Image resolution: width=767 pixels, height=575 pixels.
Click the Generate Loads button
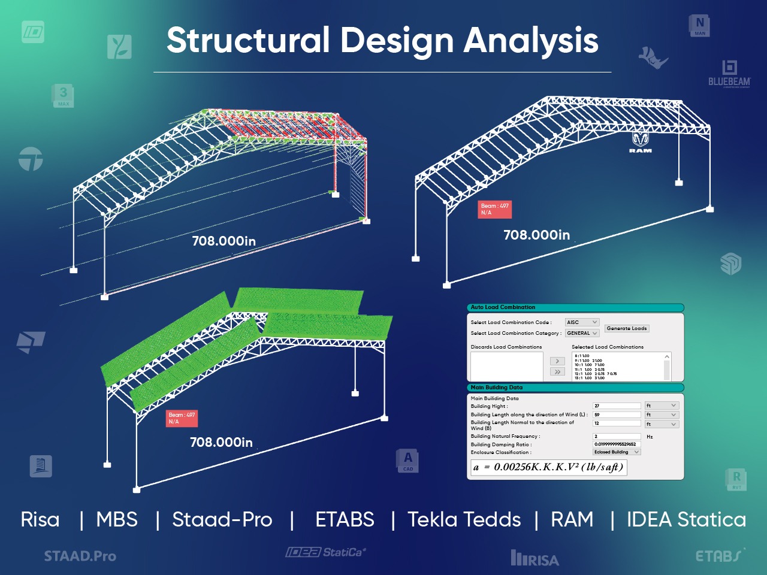(627, 328)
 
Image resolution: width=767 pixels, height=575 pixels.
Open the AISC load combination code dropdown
(582, 322)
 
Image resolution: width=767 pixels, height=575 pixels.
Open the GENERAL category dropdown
(582, 333)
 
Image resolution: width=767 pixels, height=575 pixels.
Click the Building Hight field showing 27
(617, 405)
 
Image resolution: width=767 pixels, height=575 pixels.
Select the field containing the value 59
(617, 414)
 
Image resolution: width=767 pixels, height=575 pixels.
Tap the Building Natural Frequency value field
(617, 437)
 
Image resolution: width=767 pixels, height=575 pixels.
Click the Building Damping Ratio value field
(617, 444)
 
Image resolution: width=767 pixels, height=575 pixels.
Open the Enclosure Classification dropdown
(617, 452)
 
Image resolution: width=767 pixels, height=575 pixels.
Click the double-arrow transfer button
(557, 372)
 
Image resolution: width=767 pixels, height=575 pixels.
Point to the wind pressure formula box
(548, 467)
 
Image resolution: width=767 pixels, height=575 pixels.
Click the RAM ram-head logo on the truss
(641, 141)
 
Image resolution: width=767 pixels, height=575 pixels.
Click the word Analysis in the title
(531, 41)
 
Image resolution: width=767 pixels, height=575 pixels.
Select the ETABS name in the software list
(345, 519)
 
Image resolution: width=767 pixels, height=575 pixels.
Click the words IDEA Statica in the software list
(686, 519)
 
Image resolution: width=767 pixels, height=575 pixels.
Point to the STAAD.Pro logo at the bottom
(80, 556)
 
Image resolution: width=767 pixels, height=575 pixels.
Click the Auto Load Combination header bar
(575, 307)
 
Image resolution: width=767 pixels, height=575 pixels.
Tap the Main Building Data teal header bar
(575, 388)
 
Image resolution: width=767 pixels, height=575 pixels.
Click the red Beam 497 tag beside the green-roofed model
(182, 418)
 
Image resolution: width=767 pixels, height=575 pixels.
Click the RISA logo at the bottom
(535, 559)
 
